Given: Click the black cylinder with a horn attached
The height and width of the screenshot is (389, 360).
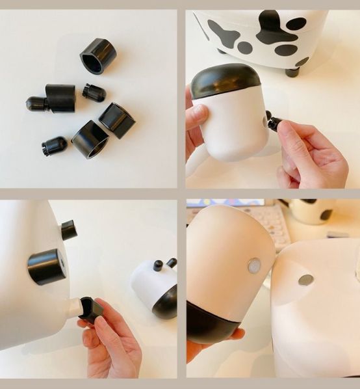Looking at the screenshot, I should [x=60, y=98].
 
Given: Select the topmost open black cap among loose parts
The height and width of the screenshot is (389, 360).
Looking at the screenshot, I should [x=98, y=56].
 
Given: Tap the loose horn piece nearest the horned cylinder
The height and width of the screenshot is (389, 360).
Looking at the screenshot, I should [x=94, y=92].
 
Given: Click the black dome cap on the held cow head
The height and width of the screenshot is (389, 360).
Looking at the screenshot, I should [x=225, y=81].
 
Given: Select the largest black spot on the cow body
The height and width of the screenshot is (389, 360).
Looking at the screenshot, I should [x=276, y=29].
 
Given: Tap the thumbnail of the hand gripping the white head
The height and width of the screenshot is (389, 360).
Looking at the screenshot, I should [x=196, y=114].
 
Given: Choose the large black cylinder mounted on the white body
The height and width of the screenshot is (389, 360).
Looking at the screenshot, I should [x=47, y=267].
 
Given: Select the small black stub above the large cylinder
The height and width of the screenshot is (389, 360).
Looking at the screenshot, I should [x=68, y=230].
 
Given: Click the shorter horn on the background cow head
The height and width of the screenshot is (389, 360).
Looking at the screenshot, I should [x=157, y=265].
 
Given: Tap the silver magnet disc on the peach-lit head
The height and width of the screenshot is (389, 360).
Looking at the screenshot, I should [x=253, y=265].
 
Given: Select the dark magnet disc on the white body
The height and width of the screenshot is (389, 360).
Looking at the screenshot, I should [x=305, y=280].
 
